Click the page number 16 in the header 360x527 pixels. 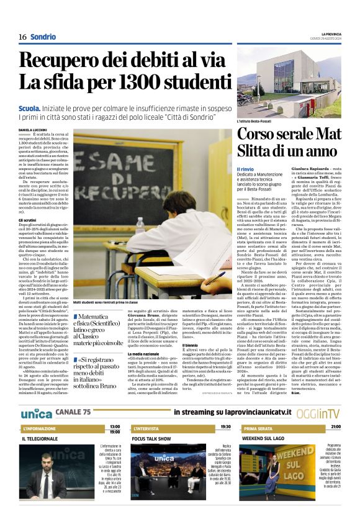[22, 37]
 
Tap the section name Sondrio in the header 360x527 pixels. [43, 37]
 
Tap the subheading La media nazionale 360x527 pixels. [145, 354]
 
